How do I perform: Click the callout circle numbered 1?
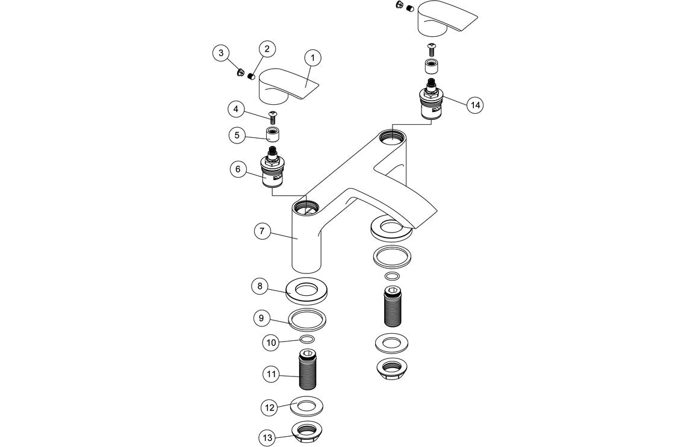[x=312, y=58]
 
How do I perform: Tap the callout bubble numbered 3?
[x=222, y=54]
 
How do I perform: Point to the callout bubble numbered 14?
[x=476, y=104]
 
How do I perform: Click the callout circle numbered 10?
[x=271, y=343]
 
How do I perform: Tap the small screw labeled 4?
[x=272, y=114]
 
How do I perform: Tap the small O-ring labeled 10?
[x=307, y=340]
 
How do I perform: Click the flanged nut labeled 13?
[x=309, y=432]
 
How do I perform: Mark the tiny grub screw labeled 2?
[x=251, y=77]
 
